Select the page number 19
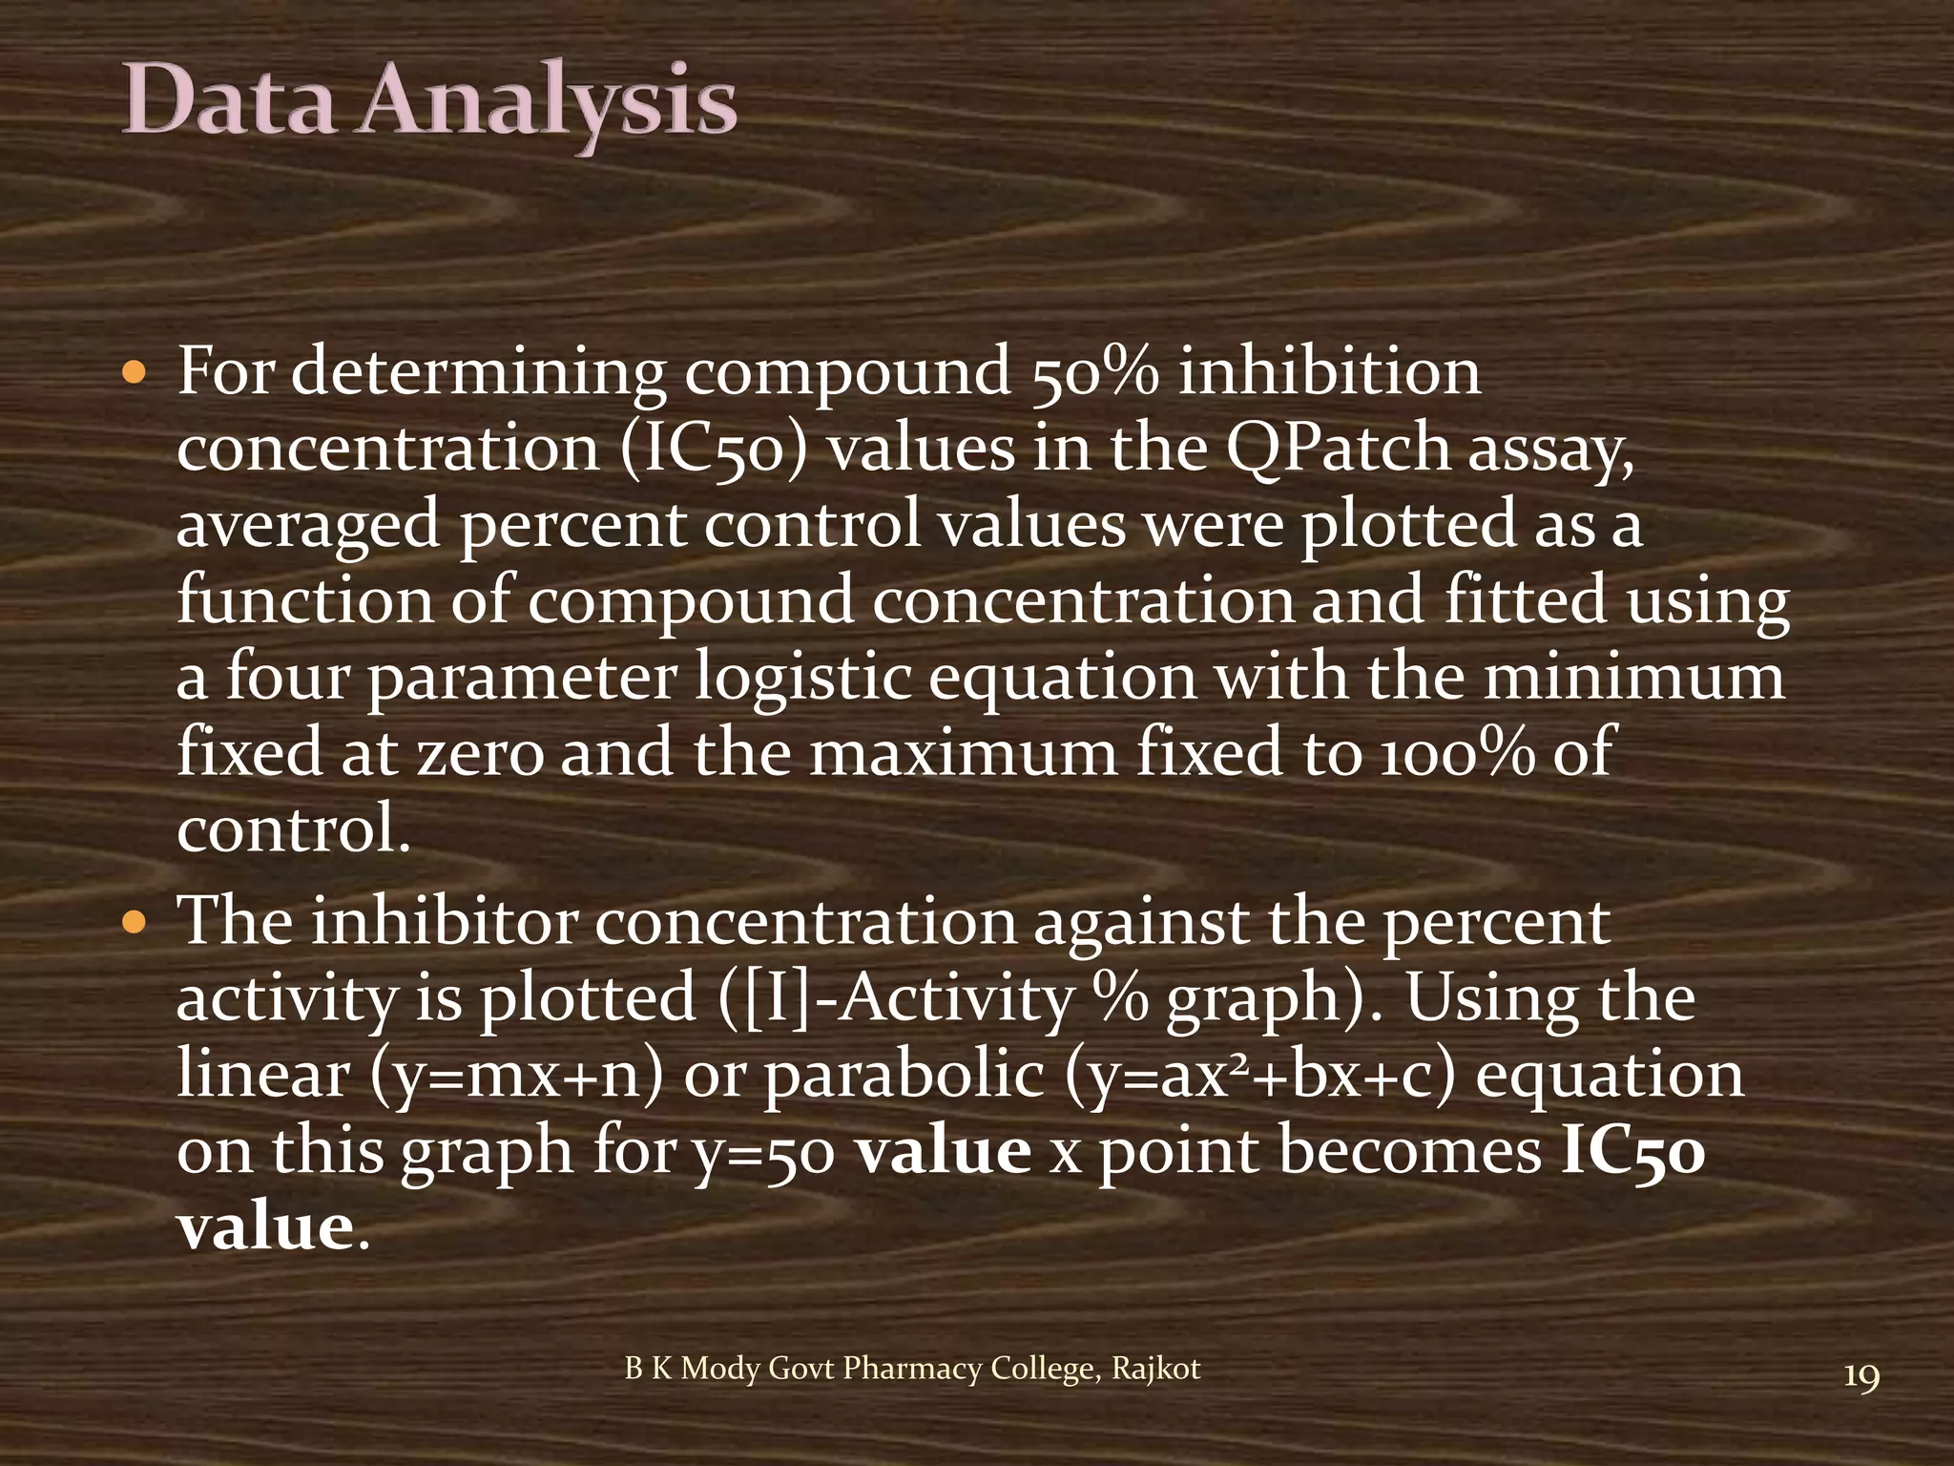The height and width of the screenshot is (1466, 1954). click(1861, 1378)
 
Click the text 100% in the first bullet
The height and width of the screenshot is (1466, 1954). click(1457, 753)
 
